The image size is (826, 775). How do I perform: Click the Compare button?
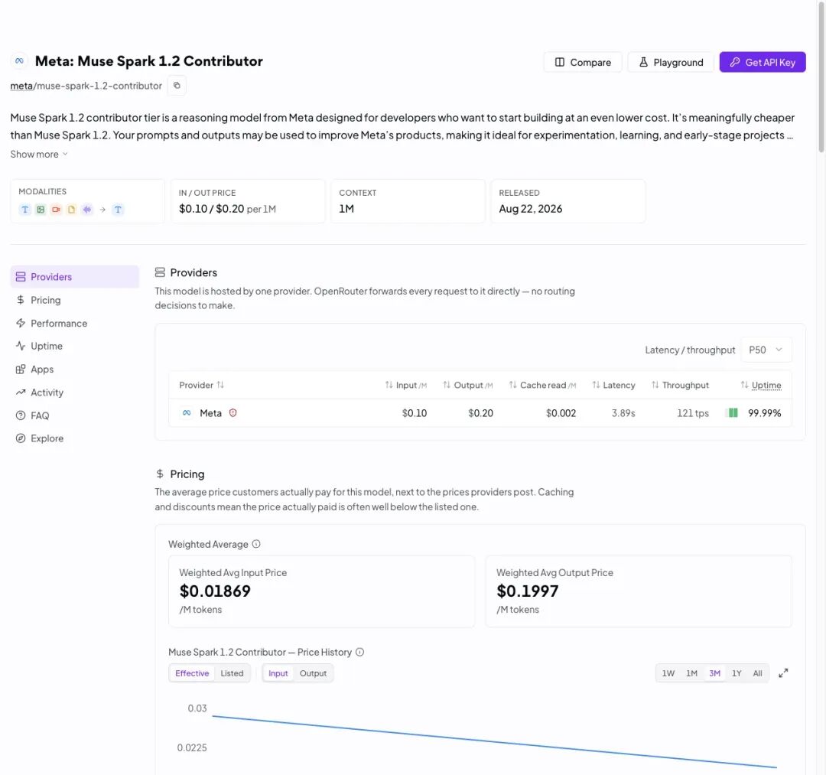click(583, 62)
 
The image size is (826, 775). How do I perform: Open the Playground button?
click(671, 62)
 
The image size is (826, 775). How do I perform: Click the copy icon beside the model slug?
click(177, 86)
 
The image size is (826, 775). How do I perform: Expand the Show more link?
click(39, 154)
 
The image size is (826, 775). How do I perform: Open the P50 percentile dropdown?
click(766, 350)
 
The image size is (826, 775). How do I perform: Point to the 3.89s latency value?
click(623, 413)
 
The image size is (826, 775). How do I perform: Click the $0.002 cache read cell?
click(561, 413)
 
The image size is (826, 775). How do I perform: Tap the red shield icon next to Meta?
click(233, 413)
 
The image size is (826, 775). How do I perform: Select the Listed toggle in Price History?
click(232, 673)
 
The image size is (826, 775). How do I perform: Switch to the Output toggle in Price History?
click(313, 673)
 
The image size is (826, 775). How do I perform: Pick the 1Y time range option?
click(737, 673)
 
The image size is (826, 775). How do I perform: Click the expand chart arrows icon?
click(783, 672)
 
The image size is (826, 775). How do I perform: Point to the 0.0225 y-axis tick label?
click(192, 747)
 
